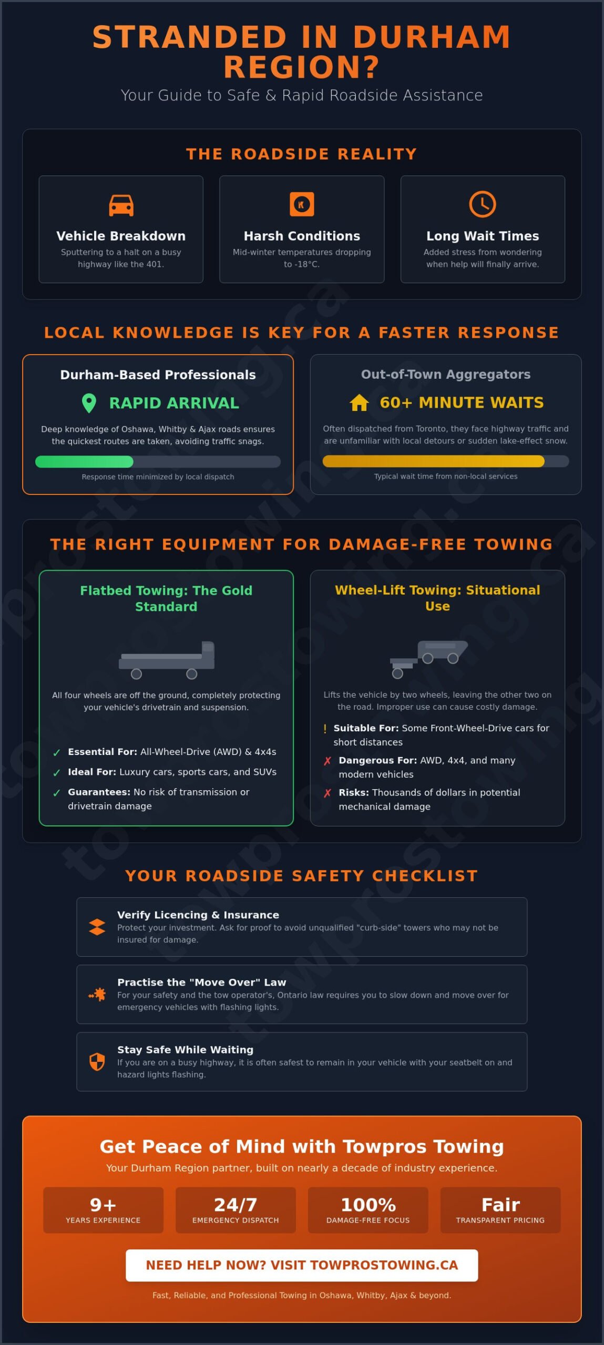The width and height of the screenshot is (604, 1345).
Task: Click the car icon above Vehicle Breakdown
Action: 121,205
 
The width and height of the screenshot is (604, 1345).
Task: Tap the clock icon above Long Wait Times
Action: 482,204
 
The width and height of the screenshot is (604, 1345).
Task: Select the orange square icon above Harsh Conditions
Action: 302,204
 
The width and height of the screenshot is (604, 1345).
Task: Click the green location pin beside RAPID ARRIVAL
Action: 89,403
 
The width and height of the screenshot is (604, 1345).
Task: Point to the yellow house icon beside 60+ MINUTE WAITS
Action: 359,402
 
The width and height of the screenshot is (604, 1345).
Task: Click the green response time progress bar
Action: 84,462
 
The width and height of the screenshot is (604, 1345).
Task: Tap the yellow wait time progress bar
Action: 433,461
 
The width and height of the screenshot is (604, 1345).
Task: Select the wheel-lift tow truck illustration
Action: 428,659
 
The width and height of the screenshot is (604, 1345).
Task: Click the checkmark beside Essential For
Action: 57,753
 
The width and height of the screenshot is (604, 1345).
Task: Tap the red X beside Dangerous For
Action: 327,761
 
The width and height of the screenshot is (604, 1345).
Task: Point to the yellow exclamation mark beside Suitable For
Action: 325,729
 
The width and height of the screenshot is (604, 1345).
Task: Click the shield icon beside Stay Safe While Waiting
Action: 97,1062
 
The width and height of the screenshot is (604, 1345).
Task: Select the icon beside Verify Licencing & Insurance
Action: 97,927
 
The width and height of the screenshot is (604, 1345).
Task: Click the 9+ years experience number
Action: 103,1205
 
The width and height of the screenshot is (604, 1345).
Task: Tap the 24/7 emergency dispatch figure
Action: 236,1205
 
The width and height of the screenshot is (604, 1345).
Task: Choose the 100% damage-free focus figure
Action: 368,1205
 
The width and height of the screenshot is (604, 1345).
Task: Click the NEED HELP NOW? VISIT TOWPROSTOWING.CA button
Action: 302,1265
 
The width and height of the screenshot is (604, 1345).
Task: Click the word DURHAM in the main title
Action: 432,37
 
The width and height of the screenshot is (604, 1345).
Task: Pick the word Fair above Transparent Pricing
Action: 500,1205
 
